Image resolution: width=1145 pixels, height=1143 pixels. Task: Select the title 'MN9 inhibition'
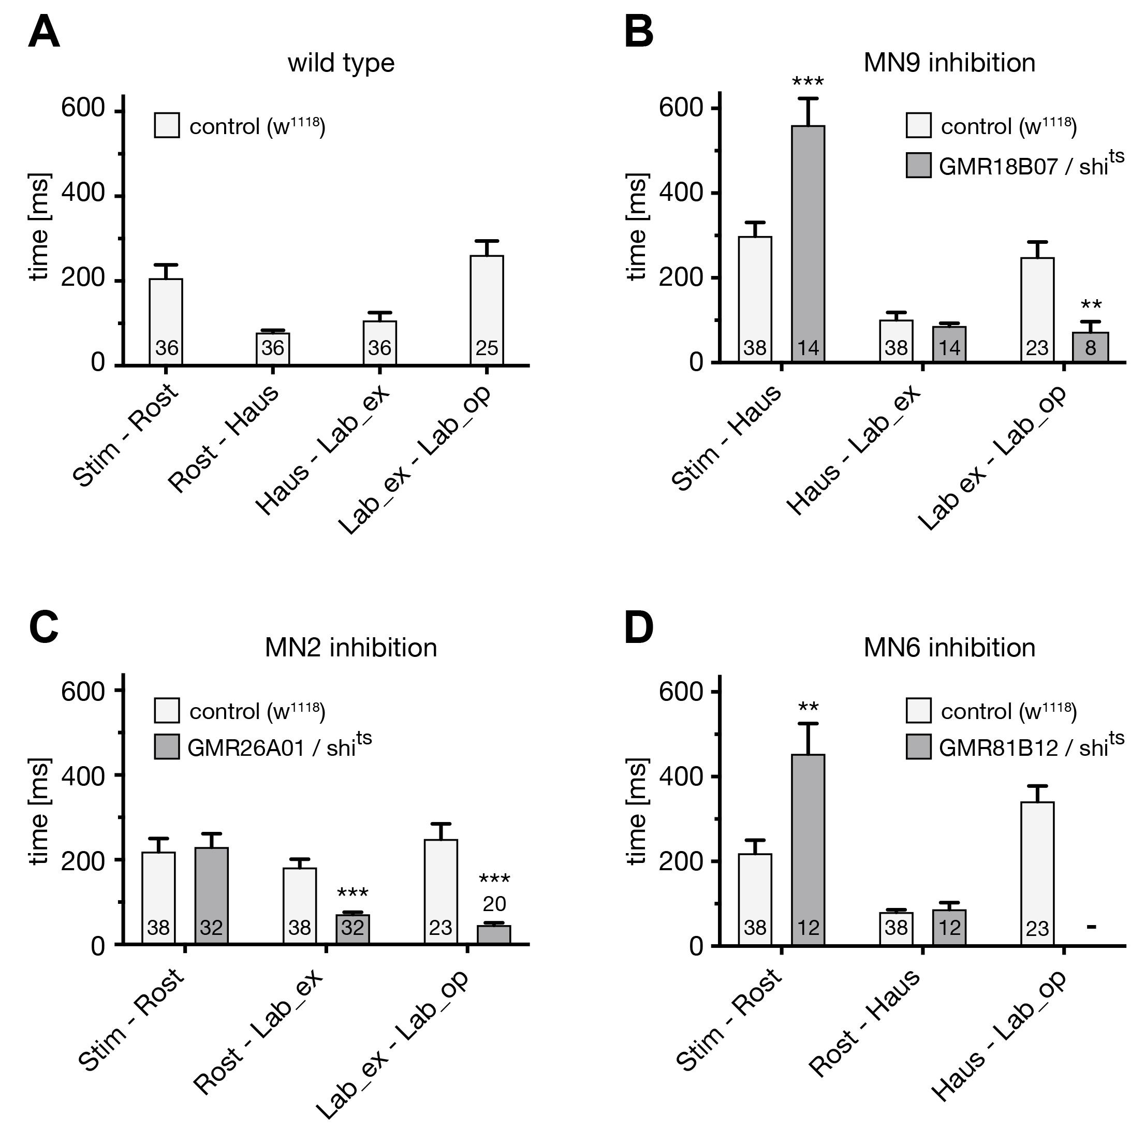pyautogui.click(x=949, y=63)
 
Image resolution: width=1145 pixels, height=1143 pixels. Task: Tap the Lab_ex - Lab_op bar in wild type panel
pyautogui.click(x=487, y=310)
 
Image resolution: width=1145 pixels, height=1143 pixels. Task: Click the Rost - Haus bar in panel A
pyautogui.click(x=273, y=348)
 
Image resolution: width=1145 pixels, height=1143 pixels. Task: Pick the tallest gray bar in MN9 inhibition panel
pyautogui.click(x=808, y=243)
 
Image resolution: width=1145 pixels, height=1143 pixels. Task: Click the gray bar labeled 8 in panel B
pyautogui.click(x=1091, y=347)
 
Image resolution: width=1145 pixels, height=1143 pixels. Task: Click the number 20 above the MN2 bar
pyautogui.click(x=494, y=904)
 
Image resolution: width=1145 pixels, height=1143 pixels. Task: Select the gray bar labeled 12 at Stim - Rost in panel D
pyautogui.click(x=808, y=849)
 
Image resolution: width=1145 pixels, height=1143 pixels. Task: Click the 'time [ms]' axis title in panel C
pyautogui.click(x=39, y=811)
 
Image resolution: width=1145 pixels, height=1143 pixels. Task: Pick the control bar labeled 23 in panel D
pyautogui.click(x=1037, y=873)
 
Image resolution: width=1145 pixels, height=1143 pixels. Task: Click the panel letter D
pyautogui.click(x=639, y=628)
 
